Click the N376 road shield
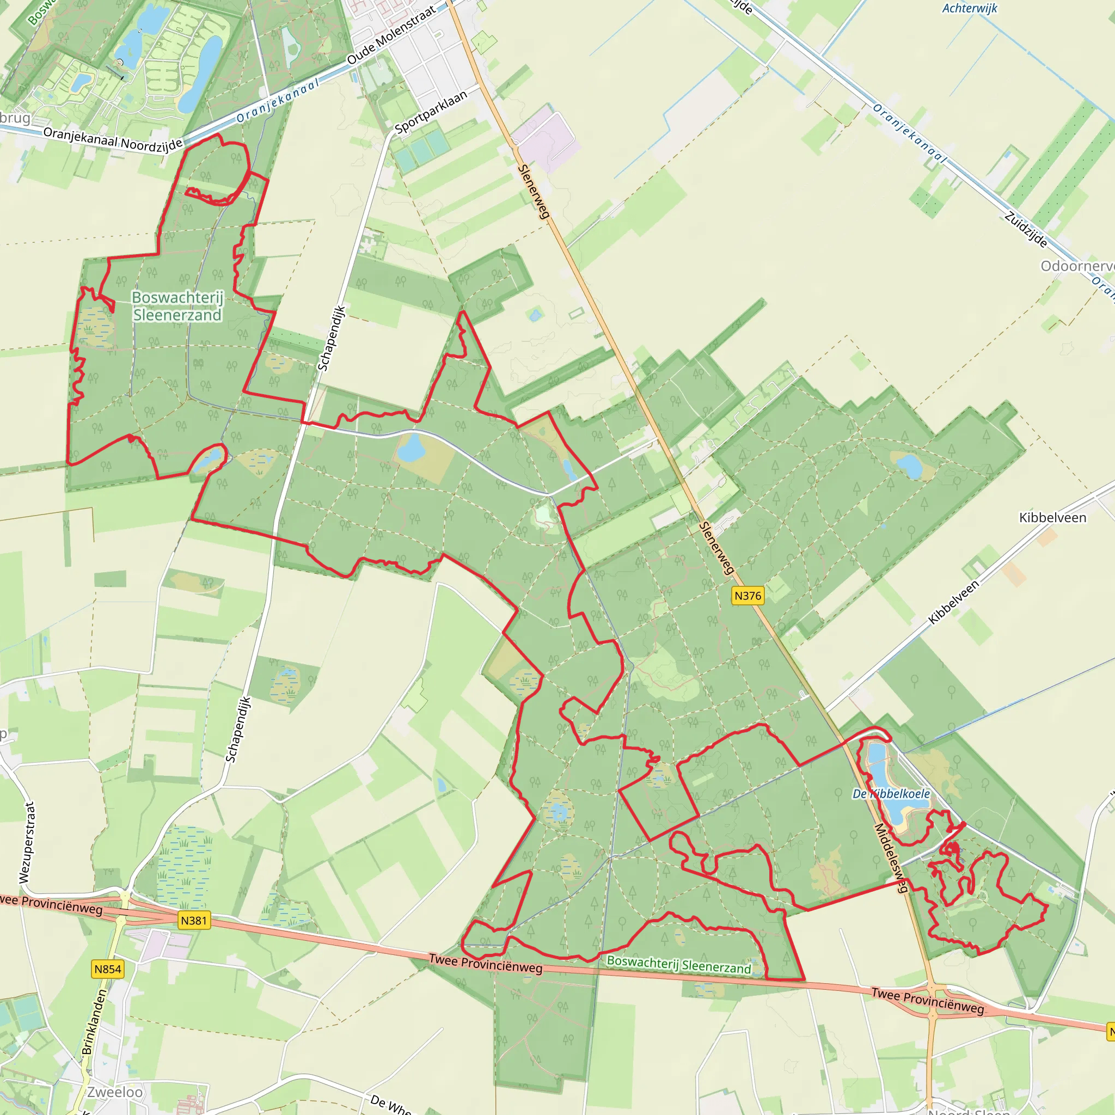pos(748,596)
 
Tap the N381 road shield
pos(194,920)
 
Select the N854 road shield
pos(108,969)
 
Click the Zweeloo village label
pos(115,1092)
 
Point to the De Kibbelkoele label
pos(891,794)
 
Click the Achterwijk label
pos(970,8)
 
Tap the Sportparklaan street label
pos(431,113)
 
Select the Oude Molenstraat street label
pos(391,35)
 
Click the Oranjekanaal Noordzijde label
pos(113,140)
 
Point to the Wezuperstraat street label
pos(27,843)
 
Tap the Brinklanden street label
pos(95,1022)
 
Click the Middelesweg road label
pos(892,858)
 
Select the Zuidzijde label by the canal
pos(1026,230)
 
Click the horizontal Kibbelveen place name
pos(1053,518)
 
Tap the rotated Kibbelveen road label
pos(954,602)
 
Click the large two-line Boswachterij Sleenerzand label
pos(177,306)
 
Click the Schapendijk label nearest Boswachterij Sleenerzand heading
pos(332,338)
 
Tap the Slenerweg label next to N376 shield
pos(717,548)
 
